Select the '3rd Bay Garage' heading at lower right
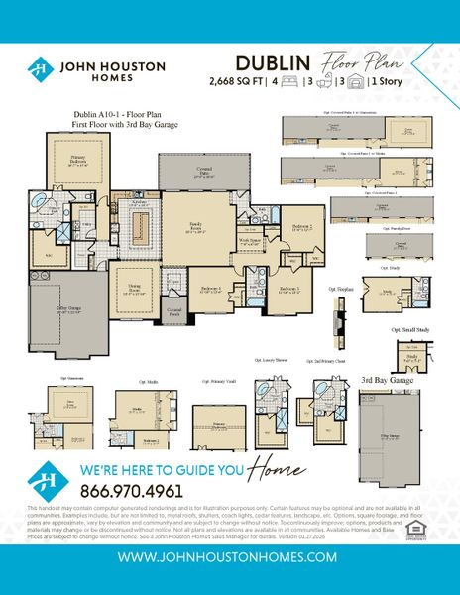tap(388, 379)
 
